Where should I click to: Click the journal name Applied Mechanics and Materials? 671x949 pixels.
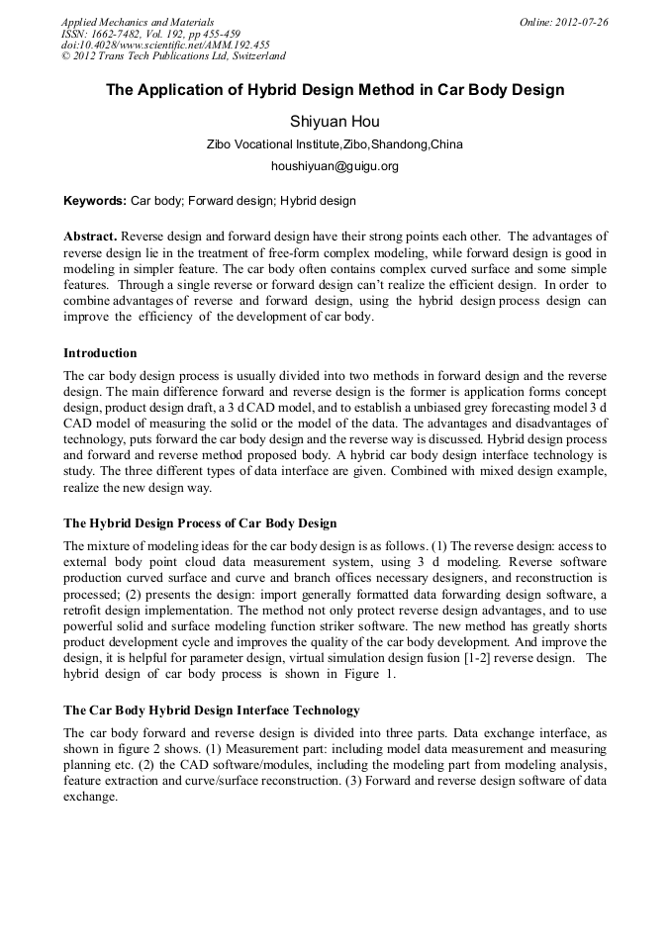pyautogui.click(x=137, y=22)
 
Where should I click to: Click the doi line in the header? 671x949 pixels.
pyautogui.click(x=165, y=45)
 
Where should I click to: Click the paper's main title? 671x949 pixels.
pyautogui.click(x=335, y=90)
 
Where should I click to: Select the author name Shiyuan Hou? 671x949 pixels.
pyautogui.click(x=335, y=122)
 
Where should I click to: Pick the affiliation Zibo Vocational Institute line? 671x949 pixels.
pyautogui.click(x=335, y=144)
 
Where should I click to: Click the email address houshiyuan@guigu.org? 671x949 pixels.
pyautogui.click(x=335, y=166)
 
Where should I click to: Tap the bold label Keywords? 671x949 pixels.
pyautogui.click(x=95, y=201)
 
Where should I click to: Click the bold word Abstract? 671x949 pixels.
pyautogui.click(x=91, y=237)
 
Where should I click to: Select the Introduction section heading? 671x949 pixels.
pyautogui.click(x=100, y=353)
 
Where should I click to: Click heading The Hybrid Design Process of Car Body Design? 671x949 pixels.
pyautogui.click(x=200, y=523)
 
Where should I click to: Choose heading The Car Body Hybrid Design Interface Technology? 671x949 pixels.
pyautogui.click(x=211, y=711)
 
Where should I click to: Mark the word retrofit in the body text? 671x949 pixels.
pyautogui.click(x=84, y=611)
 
